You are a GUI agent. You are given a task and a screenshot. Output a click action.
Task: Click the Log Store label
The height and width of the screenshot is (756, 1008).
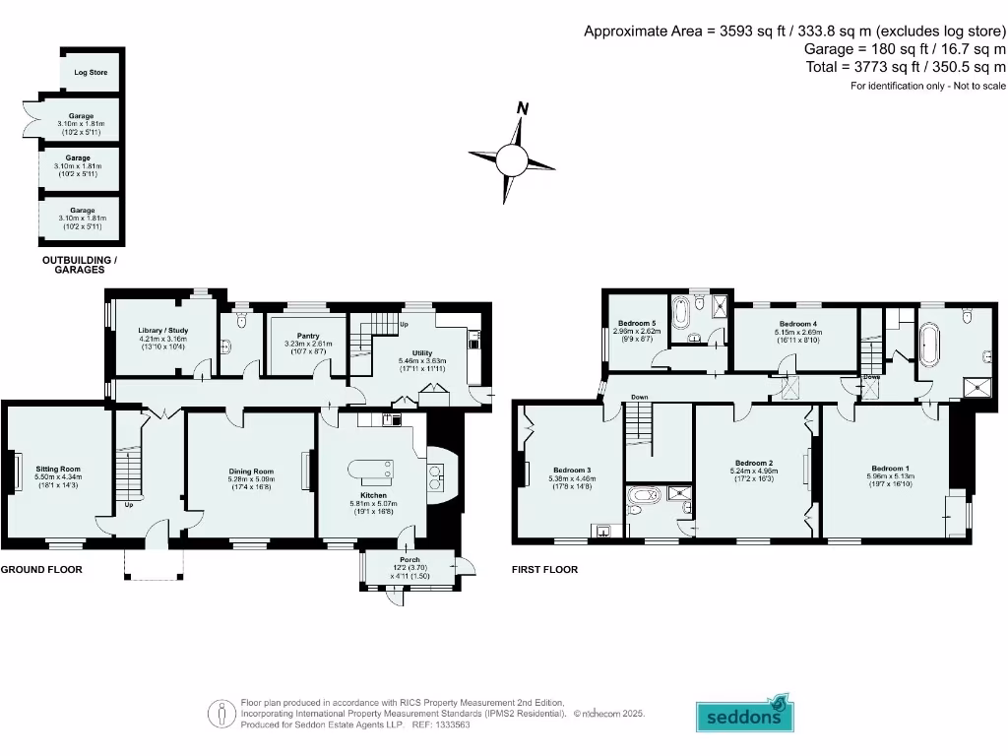click(91, 73)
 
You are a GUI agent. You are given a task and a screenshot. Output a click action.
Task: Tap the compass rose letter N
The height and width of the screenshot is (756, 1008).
click(524, 108)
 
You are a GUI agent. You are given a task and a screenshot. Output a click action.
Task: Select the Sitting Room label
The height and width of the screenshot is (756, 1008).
click(58, 470)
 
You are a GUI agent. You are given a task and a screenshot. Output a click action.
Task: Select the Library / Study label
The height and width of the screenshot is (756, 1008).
click(163, 331)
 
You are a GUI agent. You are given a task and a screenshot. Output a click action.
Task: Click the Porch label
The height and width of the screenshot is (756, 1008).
click(409, 560)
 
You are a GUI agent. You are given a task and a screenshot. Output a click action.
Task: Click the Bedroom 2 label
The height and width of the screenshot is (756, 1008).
click(754, 463)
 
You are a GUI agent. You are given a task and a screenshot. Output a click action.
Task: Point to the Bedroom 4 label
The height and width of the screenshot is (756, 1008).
click(798, 324)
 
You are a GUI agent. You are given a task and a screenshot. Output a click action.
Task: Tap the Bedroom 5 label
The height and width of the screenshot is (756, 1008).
click(636, 323)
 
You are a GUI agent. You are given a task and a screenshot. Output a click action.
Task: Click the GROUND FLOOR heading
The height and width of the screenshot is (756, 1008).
click(41, 570)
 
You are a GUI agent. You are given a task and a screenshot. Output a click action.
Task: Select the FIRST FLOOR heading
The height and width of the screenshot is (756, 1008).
click(544, 570)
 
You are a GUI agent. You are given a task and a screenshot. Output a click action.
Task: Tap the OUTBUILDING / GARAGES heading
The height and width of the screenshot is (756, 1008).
click(79, 264)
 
